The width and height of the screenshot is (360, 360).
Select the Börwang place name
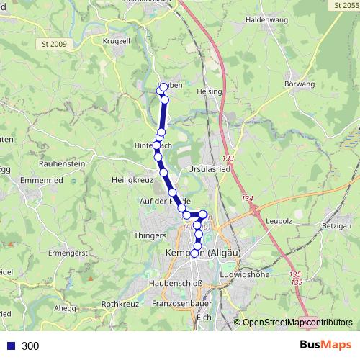coord(300,84)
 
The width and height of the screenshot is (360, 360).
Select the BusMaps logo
coord(325,346)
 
